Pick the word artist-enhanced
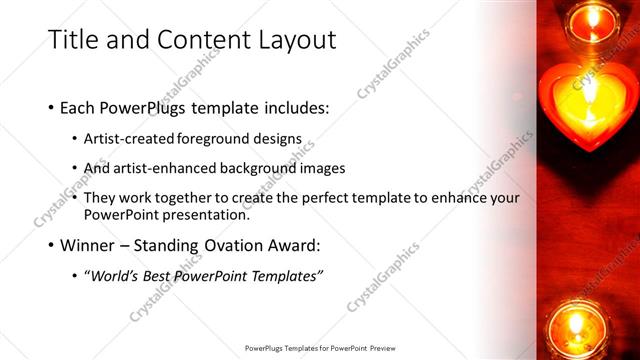163,168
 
